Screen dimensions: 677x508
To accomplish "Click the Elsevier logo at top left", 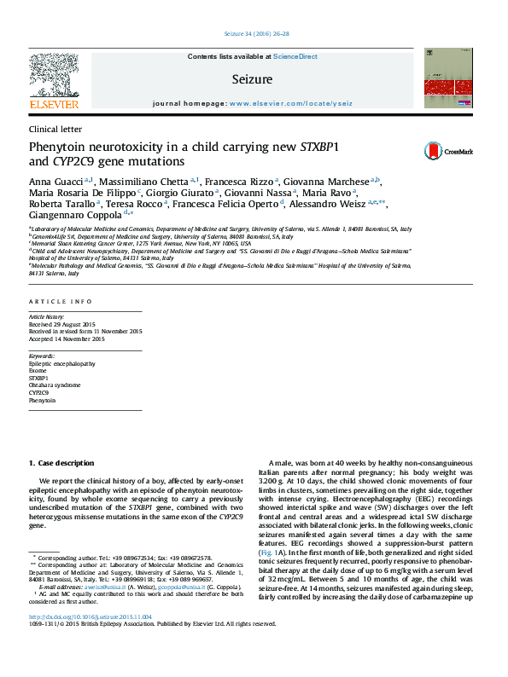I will [x=53, y=82].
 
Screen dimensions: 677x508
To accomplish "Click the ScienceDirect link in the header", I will [x=295, y=56].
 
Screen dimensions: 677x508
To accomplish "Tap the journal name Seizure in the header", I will [x=252, y=79].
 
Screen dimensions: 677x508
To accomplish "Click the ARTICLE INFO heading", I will [x=61, y=302].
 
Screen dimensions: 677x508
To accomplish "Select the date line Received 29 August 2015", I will [x=65, y=323].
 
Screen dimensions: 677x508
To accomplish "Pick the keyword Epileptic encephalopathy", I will [x=61, y=362].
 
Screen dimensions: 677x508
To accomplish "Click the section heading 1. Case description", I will [x=61, y=463].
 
